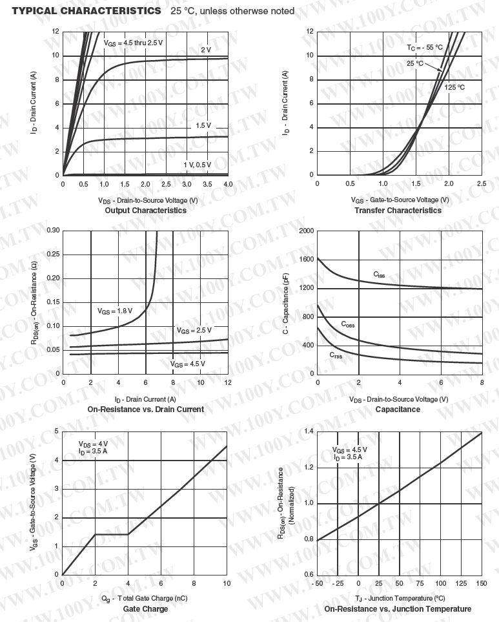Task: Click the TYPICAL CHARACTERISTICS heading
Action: coord(87,11)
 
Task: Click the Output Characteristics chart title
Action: coord(145,211)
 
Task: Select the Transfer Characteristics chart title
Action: coord(398,211)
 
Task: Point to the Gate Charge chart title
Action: coord(145,609)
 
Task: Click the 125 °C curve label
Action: coord(454,87)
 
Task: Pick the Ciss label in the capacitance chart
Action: coord(379,274)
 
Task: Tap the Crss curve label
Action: coord(336,355)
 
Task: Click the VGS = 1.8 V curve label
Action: coord(115,311)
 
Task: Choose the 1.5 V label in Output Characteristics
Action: coord(203,125)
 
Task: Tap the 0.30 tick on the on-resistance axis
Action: coord(53,231)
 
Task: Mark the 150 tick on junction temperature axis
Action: coord(482,584)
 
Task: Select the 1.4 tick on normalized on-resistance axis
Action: coord(308,431)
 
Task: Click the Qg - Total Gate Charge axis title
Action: coord(145,598)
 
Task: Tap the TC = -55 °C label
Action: coord(425,48)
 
